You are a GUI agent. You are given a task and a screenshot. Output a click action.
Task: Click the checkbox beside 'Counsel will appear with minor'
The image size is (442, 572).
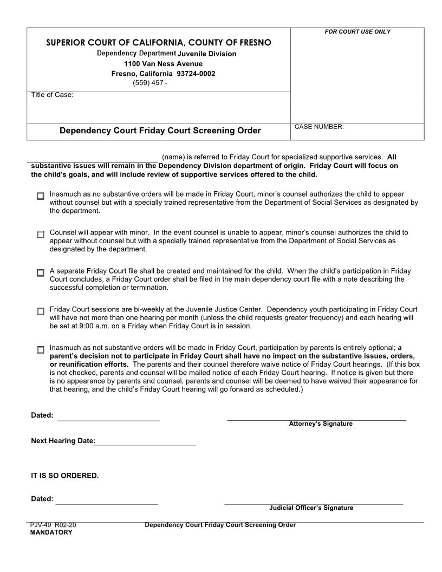point(40,235)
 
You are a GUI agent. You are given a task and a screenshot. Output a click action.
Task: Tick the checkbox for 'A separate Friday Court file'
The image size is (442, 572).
point(40,273)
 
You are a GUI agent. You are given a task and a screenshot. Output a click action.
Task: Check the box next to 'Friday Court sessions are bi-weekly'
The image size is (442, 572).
point(40,311)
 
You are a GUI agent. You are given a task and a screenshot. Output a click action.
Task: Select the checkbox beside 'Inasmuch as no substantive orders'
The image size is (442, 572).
point(40,196)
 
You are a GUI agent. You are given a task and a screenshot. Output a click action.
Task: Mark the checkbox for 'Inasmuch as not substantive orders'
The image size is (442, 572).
point(40,350)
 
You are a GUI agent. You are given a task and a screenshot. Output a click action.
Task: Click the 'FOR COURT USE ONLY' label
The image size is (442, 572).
point(357,32)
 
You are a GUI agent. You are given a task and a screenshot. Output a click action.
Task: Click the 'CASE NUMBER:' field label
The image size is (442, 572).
point(319,127)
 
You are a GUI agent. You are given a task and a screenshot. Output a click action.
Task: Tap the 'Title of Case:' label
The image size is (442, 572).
point(52,95)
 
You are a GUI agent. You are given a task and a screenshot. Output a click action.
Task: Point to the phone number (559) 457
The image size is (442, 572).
point(149,83)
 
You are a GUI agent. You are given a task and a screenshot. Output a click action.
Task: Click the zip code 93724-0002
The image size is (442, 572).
point(196,74)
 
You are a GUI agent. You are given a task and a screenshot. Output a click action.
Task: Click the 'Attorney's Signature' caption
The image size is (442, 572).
point(320,424)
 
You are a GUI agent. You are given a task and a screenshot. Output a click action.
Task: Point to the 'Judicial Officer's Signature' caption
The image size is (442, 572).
point(311,508)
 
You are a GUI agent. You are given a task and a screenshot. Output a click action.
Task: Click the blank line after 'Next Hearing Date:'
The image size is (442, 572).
point(145,441)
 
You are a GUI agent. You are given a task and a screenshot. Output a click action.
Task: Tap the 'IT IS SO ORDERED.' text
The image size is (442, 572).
point(65,476)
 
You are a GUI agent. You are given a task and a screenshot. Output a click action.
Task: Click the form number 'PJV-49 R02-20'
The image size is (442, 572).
point(56,525)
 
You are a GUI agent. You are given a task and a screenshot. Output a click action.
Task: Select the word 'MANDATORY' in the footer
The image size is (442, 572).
point(51,532)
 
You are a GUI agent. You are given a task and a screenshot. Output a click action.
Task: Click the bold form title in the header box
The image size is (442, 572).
point(160,131)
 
